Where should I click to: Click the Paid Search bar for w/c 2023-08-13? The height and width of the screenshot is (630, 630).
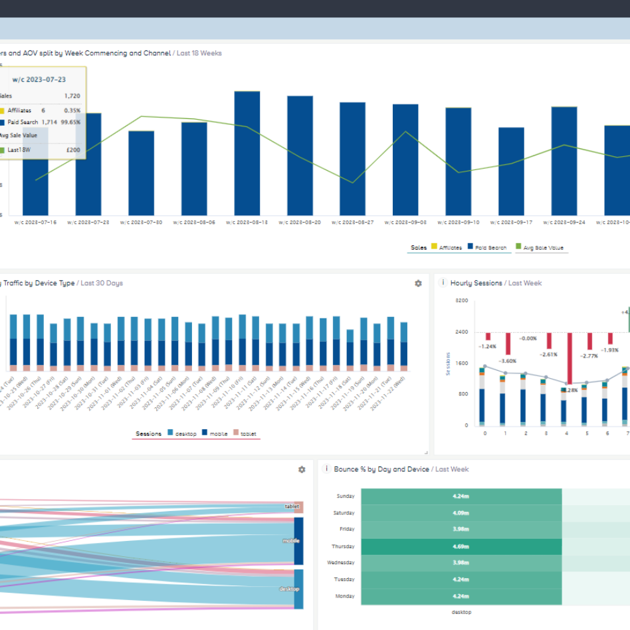(x=247, y=153)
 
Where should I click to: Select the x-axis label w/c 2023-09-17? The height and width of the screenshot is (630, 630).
(x=511, y=223)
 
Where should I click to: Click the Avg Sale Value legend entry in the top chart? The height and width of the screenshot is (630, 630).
(x=542, y=248)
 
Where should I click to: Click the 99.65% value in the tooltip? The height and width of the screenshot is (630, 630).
(x=71, y=122)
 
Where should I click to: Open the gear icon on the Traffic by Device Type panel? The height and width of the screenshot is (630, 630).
(x=418, y=283)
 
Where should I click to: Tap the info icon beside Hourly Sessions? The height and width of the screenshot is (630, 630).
(x=443, y=283)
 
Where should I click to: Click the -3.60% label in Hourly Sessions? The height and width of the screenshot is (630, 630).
(x=507, y=360)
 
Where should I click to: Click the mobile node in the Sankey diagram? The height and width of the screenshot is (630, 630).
(x=298, y=541)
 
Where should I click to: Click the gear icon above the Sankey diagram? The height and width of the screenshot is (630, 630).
(x=302, y=469)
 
